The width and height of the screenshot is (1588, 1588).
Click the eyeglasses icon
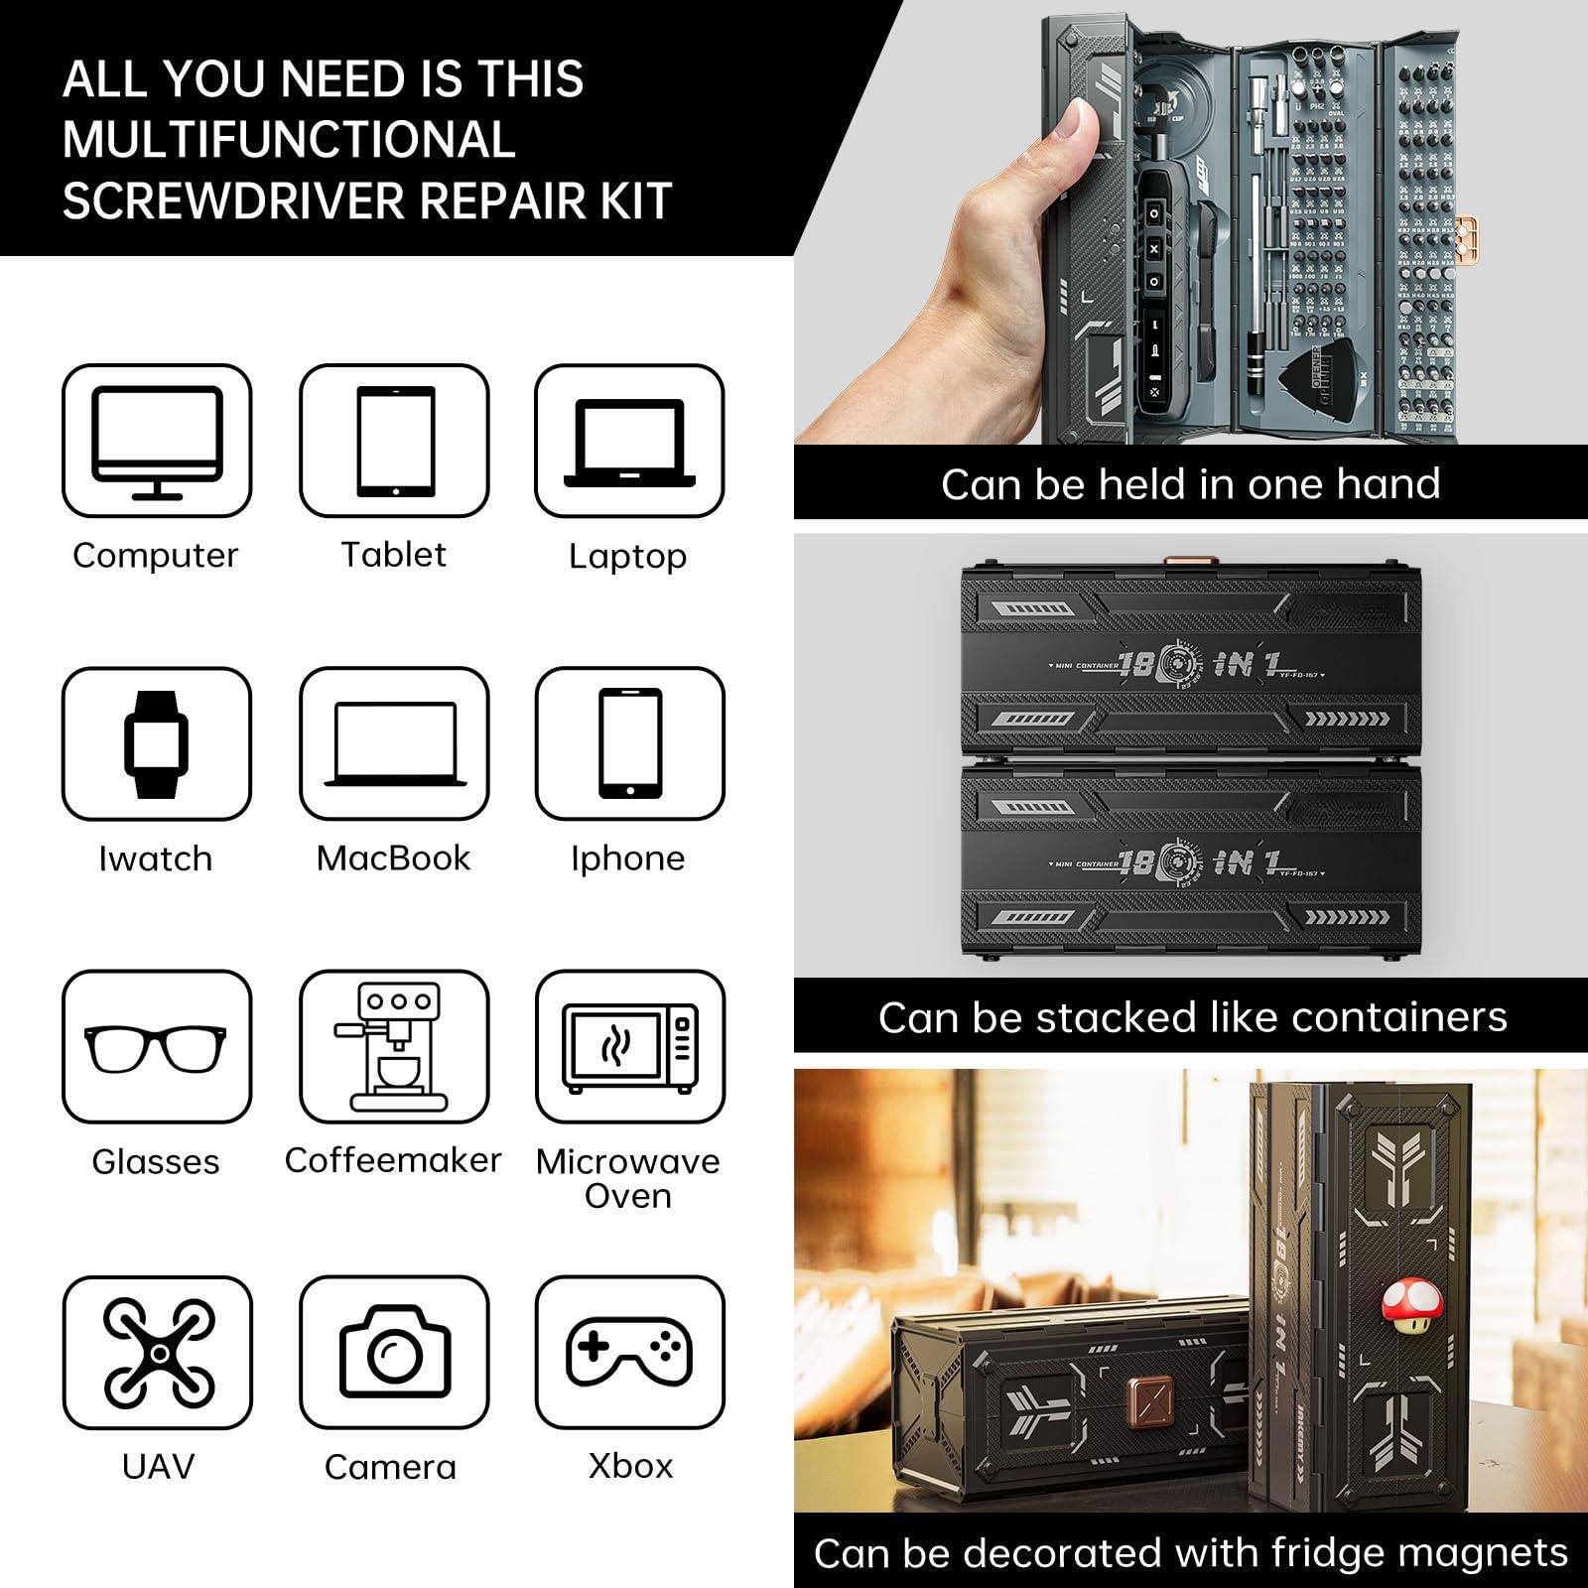tap(156, 1048)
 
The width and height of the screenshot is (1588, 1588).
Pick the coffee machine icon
tap(393, 1046)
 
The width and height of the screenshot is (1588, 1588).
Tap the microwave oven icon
tap(629, 1048)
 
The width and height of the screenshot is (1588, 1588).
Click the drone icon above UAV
tap(158, 1352)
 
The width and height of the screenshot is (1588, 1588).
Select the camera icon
tap(394, 1352)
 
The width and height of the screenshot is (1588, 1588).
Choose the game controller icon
tap(629, 1352)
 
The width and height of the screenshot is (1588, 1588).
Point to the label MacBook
tap(393, 859)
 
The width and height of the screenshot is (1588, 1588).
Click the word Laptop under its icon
tap(627, 557)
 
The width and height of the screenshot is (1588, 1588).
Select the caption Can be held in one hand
tap(1190, 484)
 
